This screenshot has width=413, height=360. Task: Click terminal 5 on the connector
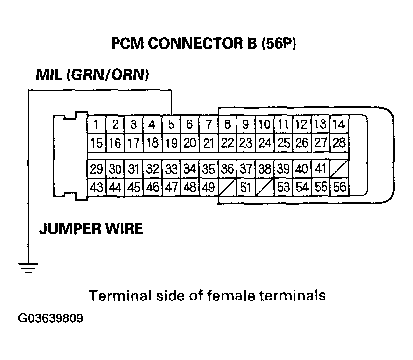171,124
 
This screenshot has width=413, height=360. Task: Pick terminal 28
339,143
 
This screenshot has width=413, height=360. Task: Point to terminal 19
171,143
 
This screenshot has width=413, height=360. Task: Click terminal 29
96,169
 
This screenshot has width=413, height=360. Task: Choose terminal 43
96,187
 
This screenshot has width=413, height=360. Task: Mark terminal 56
339,187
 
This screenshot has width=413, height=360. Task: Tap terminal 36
227,169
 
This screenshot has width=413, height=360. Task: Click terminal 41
320,169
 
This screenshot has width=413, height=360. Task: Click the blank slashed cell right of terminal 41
339,169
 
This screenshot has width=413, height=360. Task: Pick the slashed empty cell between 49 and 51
227,187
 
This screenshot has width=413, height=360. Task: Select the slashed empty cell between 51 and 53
265,187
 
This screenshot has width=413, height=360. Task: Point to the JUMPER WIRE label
91,229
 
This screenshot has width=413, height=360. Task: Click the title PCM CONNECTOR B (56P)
203,44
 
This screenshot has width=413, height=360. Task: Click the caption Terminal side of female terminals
207,296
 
